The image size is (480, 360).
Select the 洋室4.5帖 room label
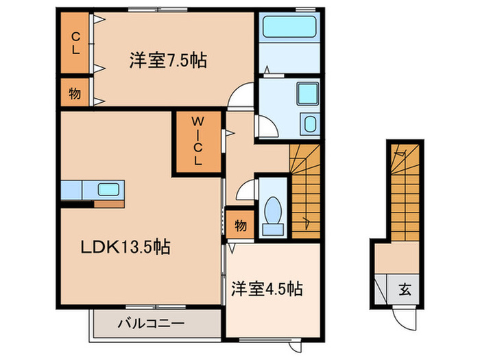266,289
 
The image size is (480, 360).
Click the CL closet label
75,43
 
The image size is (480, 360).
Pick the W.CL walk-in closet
197,143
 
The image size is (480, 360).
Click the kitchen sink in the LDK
108,189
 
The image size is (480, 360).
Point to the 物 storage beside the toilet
241,224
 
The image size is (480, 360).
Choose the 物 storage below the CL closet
74,94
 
